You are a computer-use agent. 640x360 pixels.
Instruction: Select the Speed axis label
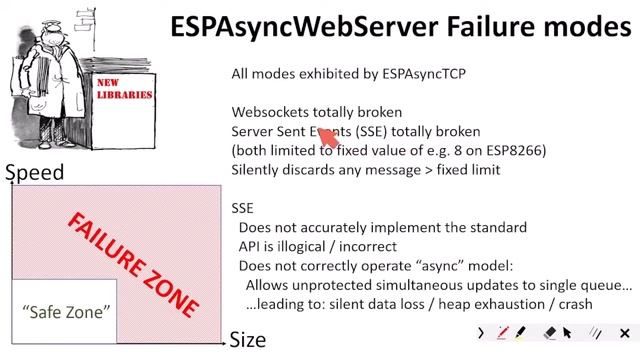coord(34,172)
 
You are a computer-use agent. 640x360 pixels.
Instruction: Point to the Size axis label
coord(248,339)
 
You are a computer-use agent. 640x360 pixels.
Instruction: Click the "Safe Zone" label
coord(66,311)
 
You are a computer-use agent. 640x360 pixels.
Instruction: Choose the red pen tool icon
coord(502,332)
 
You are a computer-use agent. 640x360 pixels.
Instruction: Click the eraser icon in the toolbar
coord(549,332)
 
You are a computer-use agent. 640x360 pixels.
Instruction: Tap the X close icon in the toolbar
coord(625,332)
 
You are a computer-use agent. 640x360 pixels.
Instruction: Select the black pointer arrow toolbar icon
coord(567,332)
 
